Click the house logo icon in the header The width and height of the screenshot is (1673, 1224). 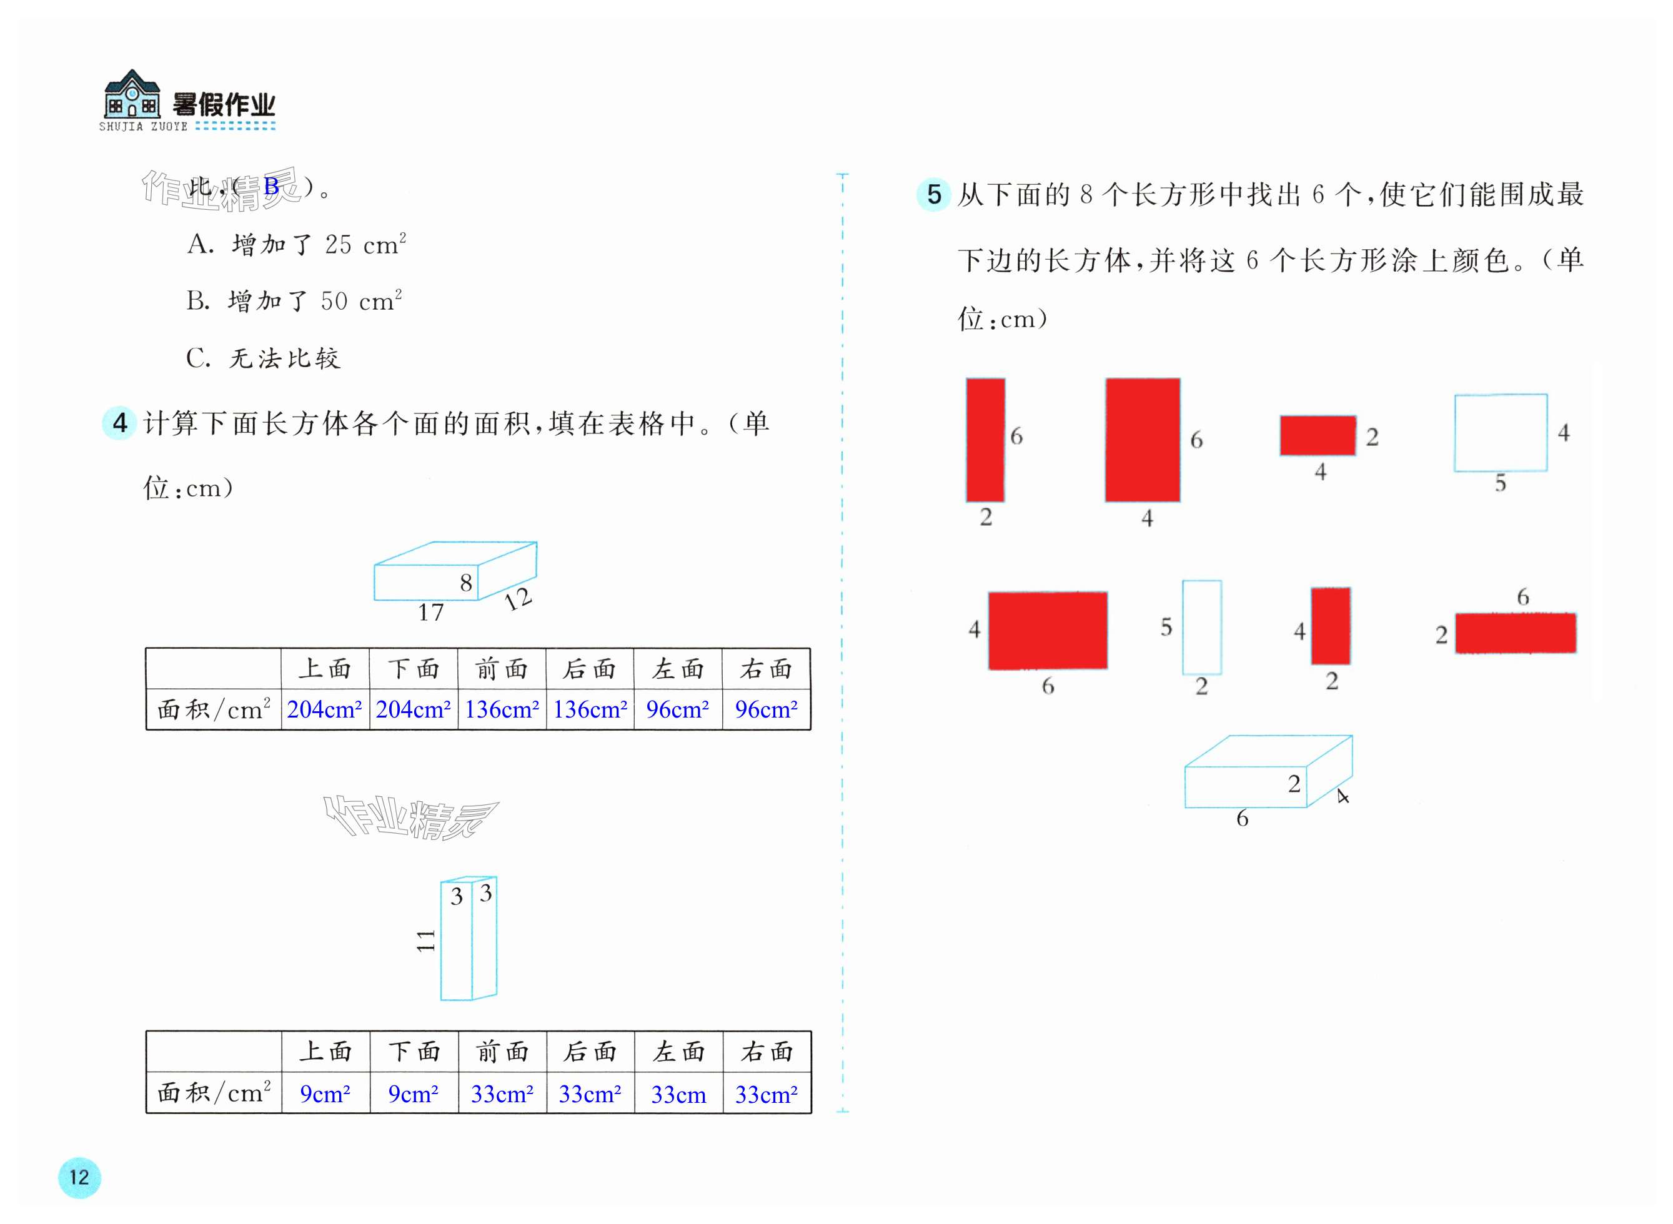(132, 95)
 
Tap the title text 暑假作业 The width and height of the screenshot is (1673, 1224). (224, 105)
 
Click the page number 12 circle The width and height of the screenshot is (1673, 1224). (79, 1177)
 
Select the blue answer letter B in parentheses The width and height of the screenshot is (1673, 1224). (271, 187)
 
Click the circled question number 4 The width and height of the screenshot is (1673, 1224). (119, 423)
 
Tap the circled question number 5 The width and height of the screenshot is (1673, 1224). (933, 195)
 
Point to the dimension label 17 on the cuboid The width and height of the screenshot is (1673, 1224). (430, 613)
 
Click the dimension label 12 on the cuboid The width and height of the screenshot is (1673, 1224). (517, 599)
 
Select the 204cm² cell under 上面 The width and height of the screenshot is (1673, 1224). (325, 710)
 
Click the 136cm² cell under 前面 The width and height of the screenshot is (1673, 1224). (502, 710)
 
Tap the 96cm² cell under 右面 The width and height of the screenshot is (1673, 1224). (767, 710)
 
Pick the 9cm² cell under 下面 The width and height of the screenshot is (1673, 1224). (414, 1093)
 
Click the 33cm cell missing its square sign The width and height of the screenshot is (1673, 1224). (678, 1093)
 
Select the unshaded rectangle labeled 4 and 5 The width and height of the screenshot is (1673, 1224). (1501, 433)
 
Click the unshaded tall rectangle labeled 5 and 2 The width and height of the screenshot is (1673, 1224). (1201, 627)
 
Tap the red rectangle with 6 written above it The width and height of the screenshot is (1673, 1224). (1516, 633)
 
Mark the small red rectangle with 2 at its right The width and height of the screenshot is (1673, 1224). (1317, 436)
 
